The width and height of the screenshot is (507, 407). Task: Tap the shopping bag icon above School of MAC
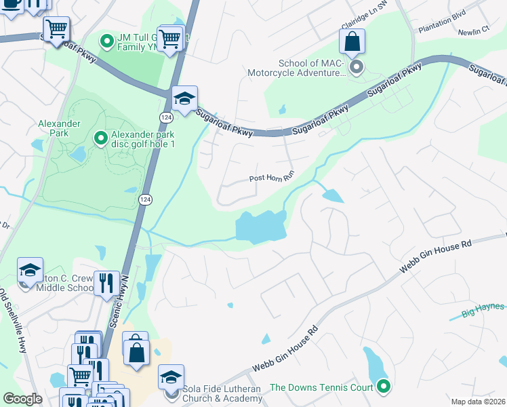[x=352, y=43]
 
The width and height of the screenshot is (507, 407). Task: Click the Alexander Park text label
[x=60, y=128]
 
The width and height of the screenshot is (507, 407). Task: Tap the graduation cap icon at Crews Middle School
[x=30, y=271]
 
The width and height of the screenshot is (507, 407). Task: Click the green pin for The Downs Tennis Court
[x=384, y=387]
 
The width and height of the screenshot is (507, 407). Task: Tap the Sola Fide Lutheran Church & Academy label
[x=222, y=393]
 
